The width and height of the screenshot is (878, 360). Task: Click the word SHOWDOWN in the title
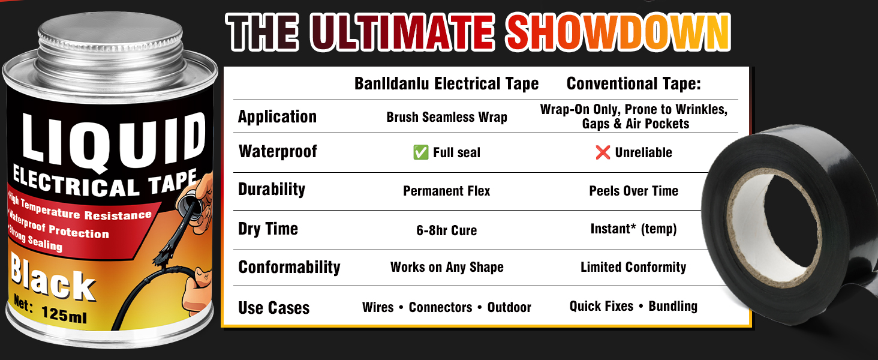coord(618,32)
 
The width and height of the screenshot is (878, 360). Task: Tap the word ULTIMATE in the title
coord(402,32)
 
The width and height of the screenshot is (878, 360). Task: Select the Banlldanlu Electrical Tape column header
coord(446,84)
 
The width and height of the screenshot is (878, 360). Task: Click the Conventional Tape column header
coord(634,83)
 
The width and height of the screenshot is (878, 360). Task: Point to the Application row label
coord(277,117)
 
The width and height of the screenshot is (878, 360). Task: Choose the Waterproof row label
coord(278,151)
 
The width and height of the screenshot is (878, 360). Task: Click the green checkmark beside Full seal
coord(421,152)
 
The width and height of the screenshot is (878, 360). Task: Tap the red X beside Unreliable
coord(603,152)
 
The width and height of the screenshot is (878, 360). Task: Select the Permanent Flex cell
coord(446,191)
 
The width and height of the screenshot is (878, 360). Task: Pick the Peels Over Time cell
coord(634,191)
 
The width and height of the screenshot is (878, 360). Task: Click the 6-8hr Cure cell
coord(446,230)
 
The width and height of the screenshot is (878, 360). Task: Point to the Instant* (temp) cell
coord(634,229)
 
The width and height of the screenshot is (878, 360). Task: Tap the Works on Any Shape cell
coord(447,267)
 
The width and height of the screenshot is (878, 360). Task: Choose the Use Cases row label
coord(273,308)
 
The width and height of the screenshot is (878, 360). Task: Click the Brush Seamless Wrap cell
coord(447,117)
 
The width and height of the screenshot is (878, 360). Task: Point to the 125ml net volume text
coord(64,314)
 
